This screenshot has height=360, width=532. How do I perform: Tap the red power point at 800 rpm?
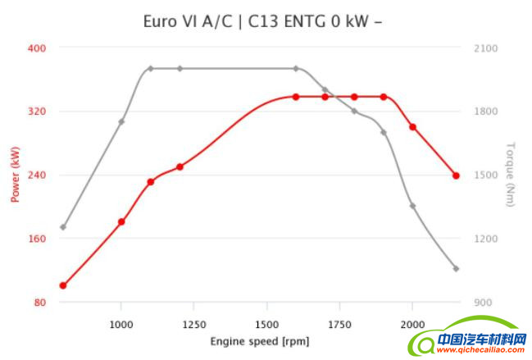click(x=63, y=285)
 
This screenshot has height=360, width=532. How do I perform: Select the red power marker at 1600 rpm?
click(x=296, y=97)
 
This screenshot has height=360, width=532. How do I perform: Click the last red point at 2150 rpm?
click(x=456, y=175)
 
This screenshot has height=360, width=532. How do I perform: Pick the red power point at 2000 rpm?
click(x=412, y=127)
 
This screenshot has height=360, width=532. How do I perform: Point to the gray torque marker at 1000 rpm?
click(x=121, y=121)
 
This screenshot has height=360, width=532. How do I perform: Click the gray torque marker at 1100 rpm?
click(x=150, y=68)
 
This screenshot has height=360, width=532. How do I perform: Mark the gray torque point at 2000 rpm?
click(x=412, y=206)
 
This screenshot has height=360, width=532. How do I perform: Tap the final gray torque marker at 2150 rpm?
click(x=456, y=269)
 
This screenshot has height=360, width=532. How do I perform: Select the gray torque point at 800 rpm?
click(x=63, y=227)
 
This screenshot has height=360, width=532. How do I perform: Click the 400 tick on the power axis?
click(x=37, y=48)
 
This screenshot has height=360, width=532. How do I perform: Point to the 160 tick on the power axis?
click(x=37, y=239)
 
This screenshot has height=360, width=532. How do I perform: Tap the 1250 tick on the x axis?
click(x=194, y=323)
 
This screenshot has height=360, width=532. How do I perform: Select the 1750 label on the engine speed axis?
click(x=339, y=323)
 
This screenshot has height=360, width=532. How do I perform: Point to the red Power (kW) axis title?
click(x=15, y=174)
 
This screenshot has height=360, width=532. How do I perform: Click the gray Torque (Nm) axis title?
click(x=510, y=174)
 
